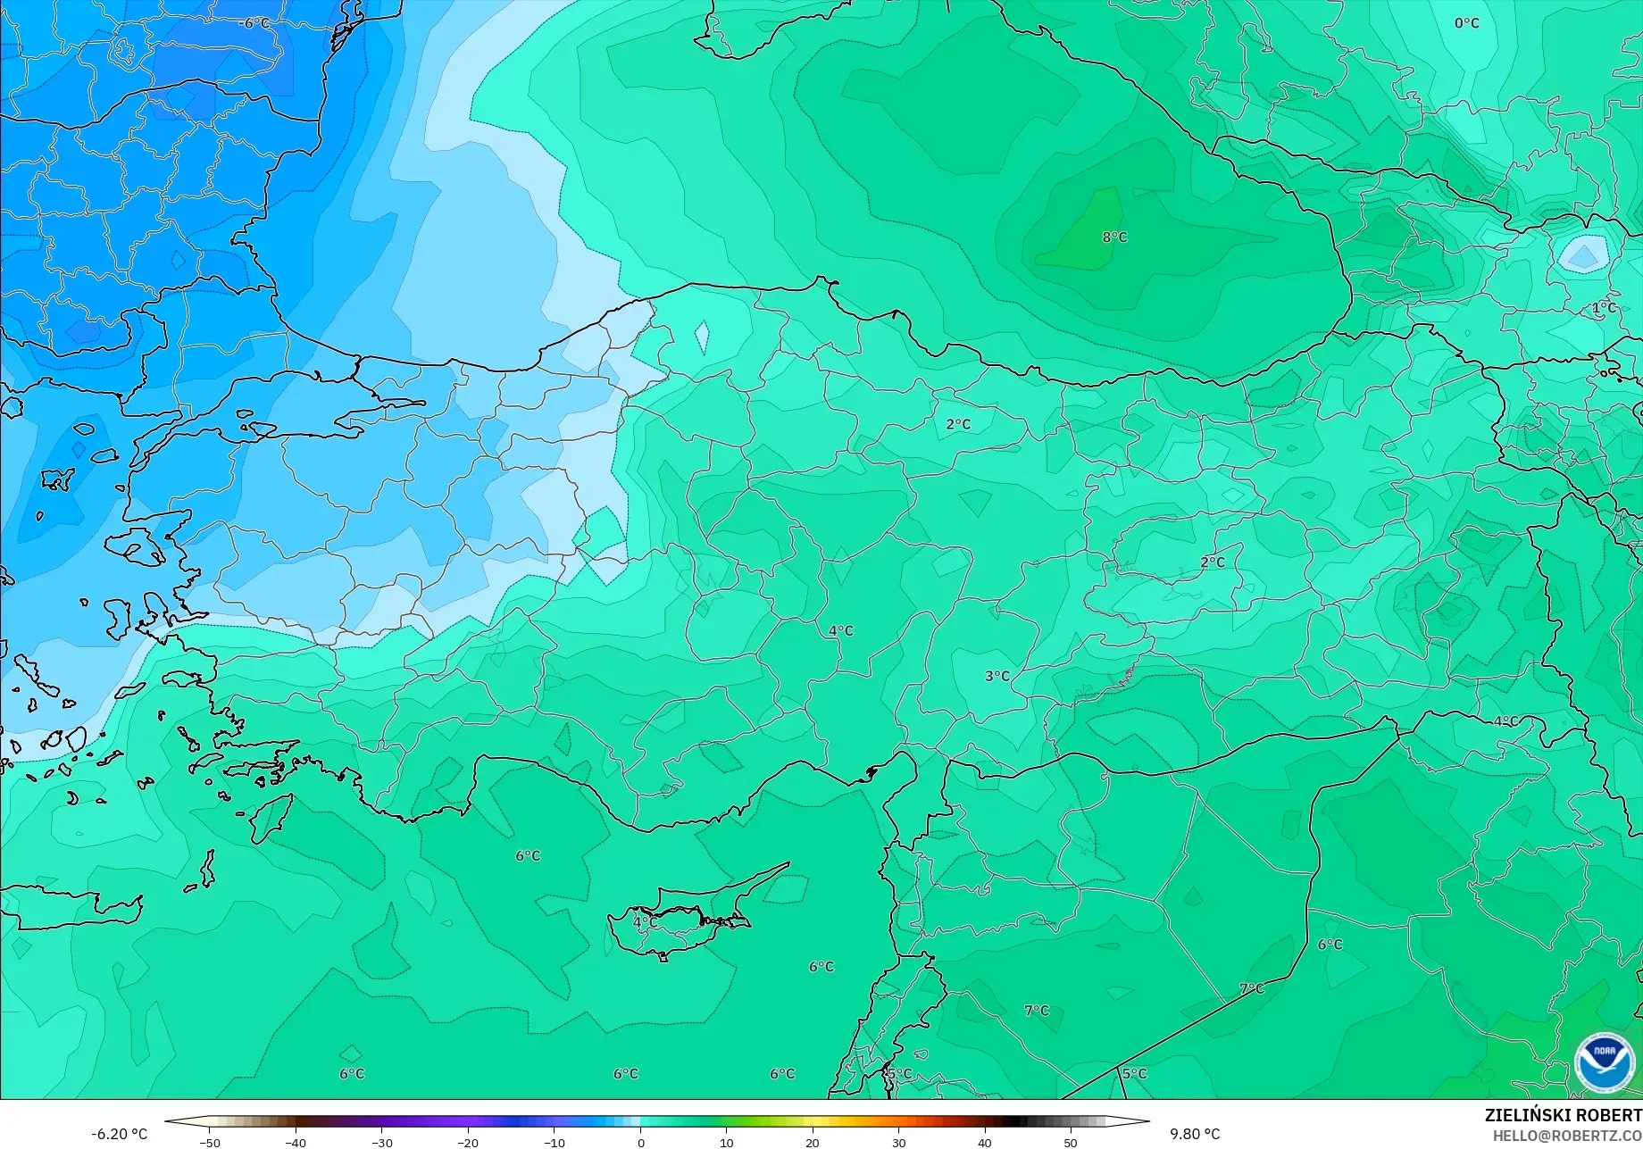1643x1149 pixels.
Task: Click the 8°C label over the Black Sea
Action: tap(1114, 237)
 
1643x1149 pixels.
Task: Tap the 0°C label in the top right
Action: tap(1466, 23)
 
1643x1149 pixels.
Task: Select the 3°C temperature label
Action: tap(997, 677)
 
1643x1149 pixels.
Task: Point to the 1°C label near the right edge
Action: tap(1604, 308)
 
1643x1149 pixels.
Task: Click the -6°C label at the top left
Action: tap(256, 23)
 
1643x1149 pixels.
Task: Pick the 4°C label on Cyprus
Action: tap(644, 922)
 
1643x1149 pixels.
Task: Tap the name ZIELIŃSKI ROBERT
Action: tap(1563, 1115)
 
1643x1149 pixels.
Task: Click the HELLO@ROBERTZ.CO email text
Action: tap(1567, 1135)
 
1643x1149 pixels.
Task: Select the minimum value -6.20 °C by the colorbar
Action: tap(119, 1134)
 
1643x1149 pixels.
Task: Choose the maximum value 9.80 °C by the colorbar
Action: tap(1194, 1134)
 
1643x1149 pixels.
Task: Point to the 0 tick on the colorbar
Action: tap(640, 1143)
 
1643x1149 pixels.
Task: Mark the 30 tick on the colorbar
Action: tap(898, 1143)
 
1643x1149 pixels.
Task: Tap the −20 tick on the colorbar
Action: tap(468, 1143)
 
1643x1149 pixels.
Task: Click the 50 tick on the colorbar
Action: tap(1071, 1143)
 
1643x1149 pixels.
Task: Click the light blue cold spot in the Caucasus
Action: tap(1583, 256)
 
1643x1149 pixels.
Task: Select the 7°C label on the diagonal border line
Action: tap(1251, 989)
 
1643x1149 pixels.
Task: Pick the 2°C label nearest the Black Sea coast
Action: tap(958, 425)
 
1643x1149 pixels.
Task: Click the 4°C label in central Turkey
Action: tap(840, 631)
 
